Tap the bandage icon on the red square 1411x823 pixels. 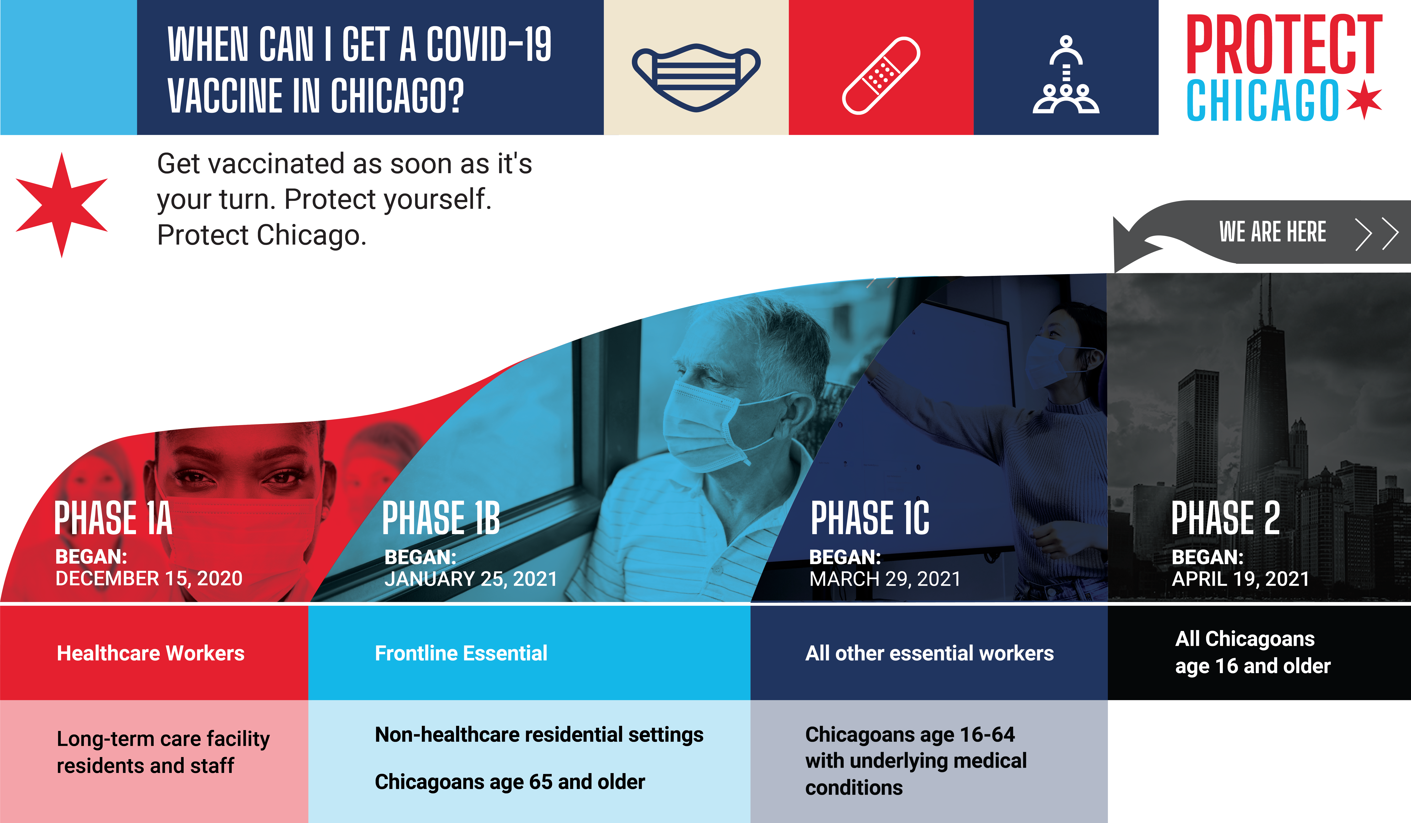(881, 76)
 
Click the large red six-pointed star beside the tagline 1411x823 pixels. (62, 205)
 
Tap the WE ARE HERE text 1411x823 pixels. (1273, 232)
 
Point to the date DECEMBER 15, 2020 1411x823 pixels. (149, 578)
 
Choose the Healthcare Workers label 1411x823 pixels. (151, 653)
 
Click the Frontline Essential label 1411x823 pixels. (461, 653)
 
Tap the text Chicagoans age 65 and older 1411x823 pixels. (509, 782)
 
